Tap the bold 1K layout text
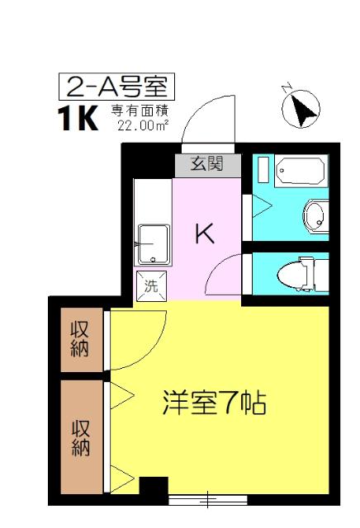pos(77,120)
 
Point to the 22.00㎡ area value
pos(143,125)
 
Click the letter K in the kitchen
pos(204,233)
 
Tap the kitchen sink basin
pos(154,245)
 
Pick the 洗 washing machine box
pos(151,286)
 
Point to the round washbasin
pos(315,218)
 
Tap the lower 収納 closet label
pos(80,437)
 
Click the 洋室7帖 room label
pos(213,405)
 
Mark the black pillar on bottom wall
pos(153,488)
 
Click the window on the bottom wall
pos(206,498)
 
